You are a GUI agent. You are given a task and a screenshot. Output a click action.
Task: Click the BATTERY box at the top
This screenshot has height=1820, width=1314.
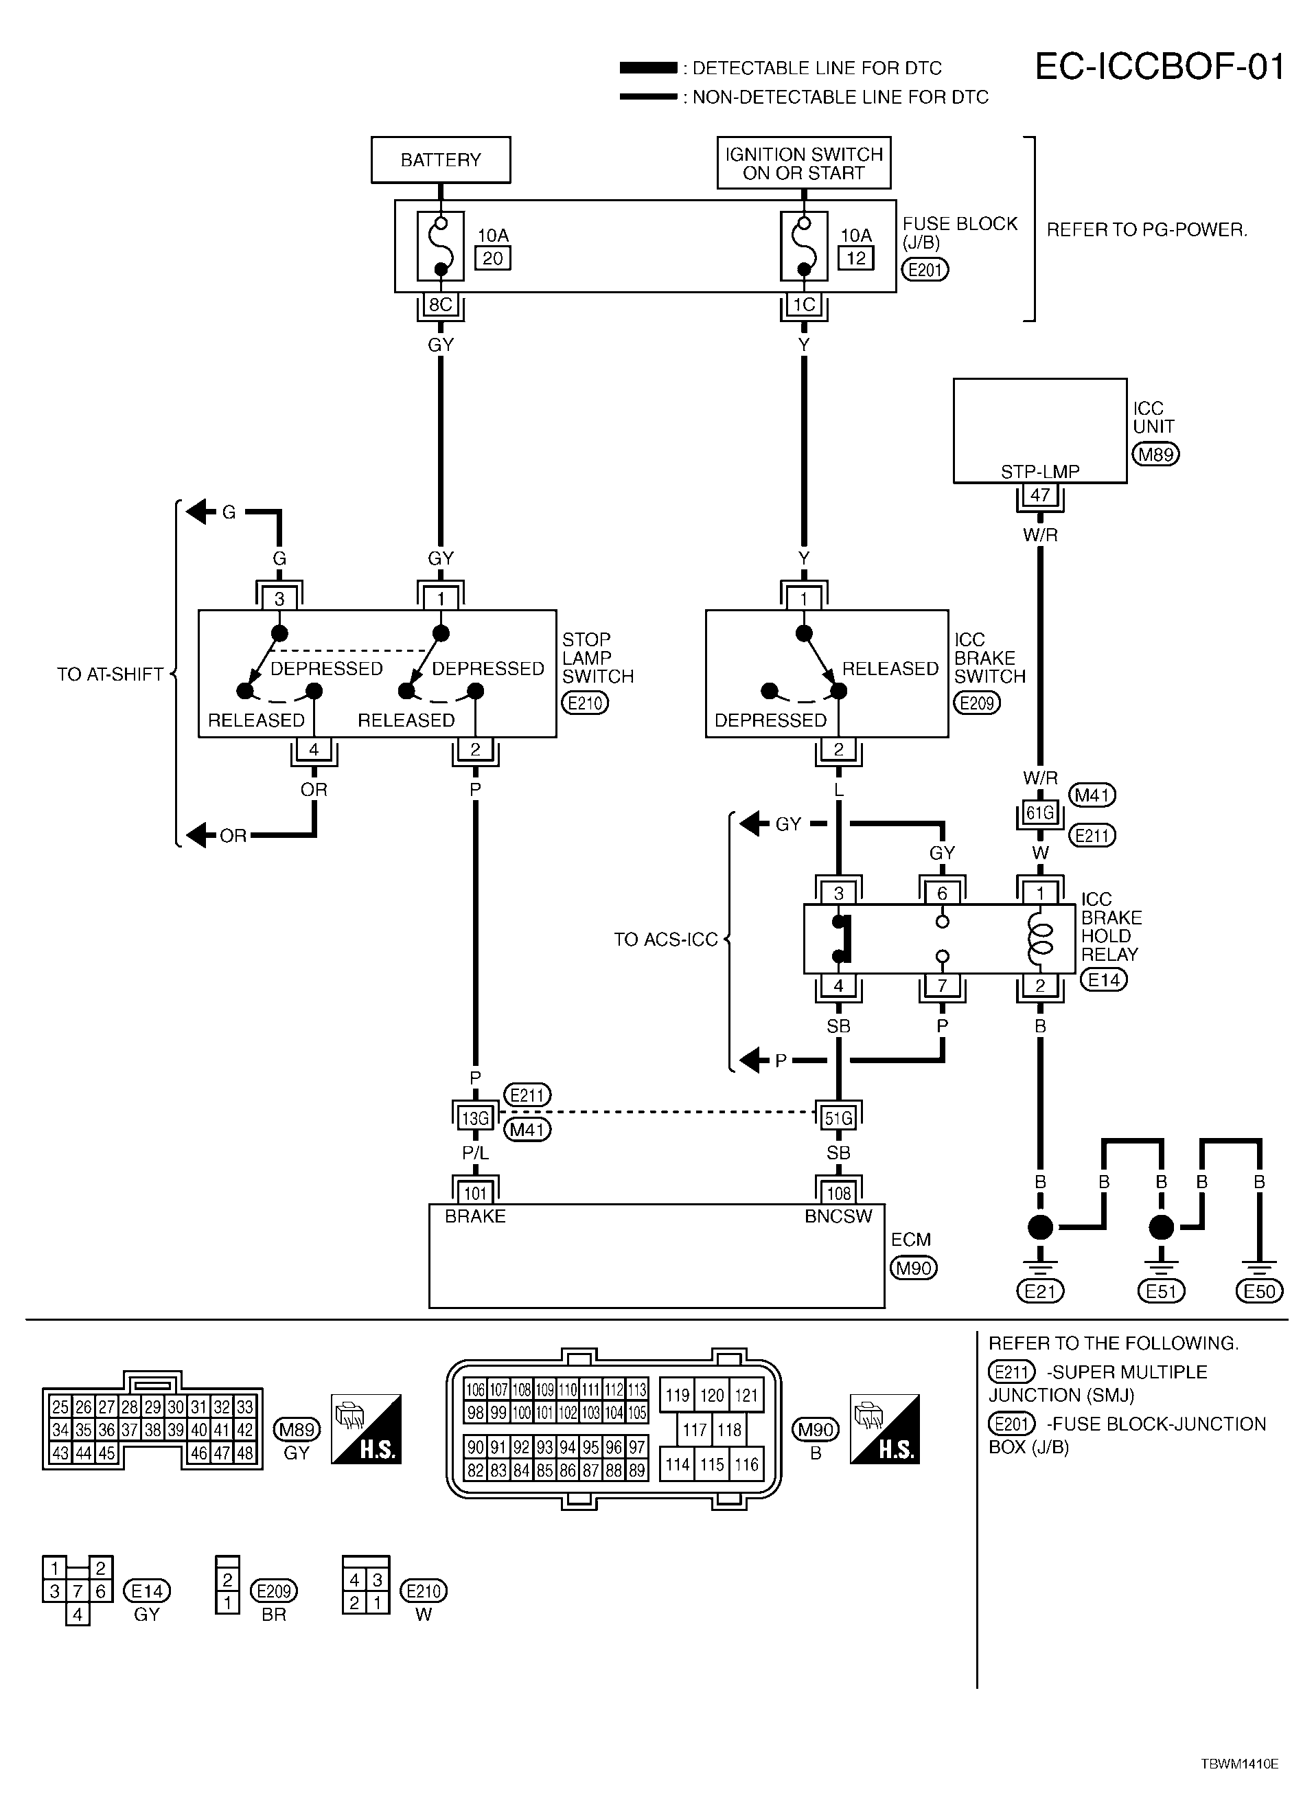coord(441,160)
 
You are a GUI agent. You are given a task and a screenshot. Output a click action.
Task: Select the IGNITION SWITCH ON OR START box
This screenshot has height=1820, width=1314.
coord(804,163)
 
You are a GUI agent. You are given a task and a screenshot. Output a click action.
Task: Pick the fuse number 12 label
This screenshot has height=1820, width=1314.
coord(856,258)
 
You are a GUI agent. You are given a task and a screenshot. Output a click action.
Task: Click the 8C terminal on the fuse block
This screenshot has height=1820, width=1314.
coord(441,304)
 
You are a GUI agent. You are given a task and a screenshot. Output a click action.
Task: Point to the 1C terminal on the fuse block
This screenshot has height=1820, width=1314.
coord(804,304)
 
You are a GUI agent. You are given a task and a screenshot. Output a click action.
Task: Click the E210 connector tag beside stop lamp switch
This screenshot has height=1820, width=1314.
coord(585,703)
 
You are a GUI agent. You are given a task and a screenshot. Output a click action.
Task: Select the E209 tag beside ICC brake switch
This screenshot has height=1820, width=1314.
coord(977,703)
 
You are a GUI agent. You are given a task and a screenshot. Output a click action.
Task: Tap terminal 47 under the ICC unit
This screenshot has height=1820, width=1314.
coord(1041,495)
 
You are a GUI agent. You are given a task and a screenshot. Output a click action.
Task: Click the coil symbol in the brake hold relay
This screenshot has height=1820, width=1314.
coord(1041,938)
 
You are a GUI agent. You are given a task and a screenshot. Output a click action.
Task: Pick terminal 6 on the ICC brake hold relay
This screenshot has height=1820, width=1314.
coord(943,893)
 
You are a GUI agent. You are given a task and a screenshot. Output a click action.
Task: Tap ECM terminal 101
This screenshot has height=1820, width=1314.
coord(476,1193)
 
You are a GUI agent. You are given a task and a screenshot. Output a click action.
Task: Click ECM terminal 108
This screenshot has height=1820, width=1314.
coord(839,1193)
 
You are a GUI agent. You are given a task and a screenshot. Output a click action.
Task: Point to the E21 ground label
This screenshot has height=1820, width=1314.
coord(1041,1291)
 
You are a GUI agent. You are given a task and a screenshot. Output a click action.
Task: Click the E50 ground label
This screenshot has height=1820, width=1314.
coord(1260,1291)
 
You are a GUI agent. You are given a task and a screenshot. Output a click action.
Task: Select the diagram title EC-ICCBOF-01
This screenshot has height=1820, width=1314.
coord(1160,67)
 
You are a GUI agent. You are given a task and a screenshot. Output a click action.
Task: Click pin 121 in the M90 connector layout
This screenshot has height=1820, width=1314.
coord(746,1395)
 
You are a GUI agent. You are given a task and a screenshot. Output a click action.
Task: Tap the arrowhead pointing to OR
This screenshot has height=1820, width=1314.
coord(196,835)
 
